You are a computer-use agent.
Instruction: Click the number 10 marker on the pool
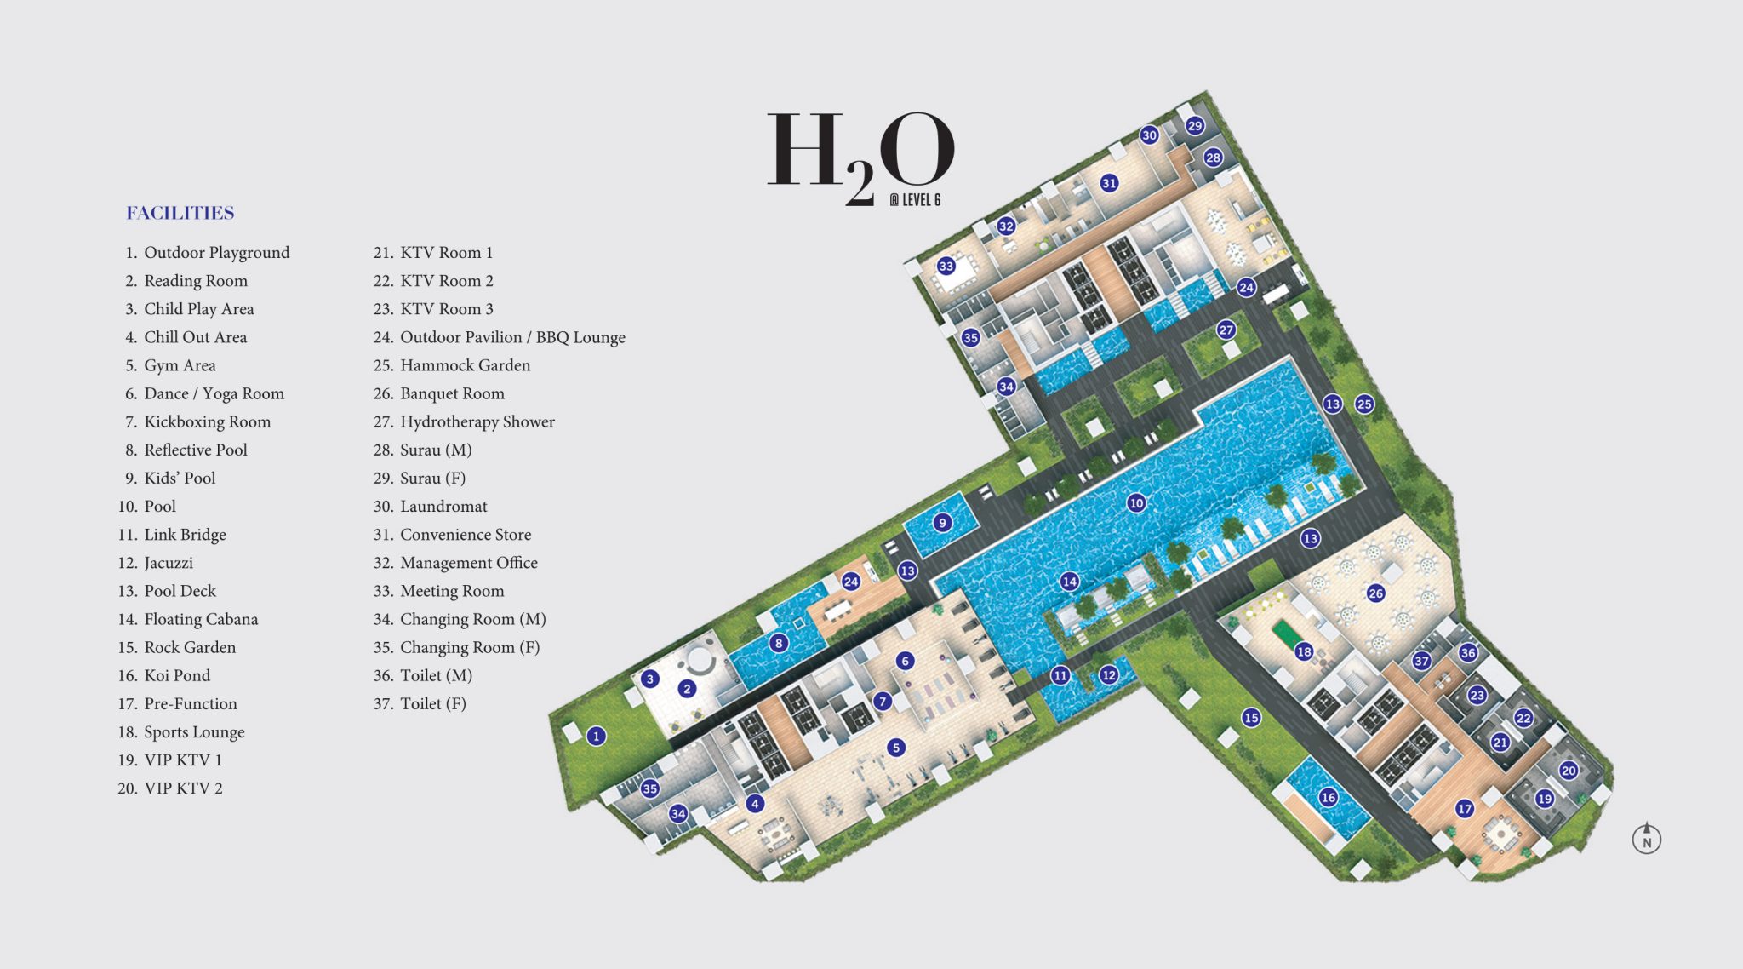coord(1136,503)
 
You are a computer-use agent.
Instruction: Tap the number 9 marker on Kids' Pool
coord(942,523)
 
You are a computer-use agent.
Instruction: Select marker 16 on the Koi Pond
coord(1329,798)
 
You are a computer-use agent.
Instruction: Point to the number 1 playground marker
coord(597,737)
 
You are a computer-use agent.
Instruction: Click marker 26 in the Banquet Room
coord(1376,593)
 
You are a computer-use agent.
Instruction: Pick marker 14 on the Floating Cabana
coord(1069,582)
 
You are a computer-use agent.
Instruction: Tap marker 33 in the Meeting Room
coord(946,267)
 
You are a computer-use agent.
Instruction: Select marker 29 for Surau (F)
coord(1195,126)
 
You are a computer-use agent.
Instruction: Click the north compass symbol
coord(1647,840)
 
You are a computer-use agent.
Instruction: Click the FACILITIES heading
coord(180,213)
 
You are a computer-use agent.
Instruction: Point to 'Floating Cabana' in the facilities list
coord(201,619)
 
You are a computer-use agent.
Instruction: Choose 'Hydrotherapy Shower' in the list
coord(477,421)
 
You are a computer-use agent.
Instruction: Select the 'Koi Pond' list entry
coord(177,675)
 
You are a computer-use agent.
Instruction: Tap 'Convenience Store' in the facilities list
coord(466,535)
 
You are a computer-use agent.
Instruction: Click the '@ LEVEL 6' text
coord(915,200)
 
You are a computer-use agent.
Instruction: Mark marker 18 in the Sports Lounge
coord(1304,652)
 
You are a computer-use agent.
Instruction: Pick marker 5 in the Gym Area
coord(895,748)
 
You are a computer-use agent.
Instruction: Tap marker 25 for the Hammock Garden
coord(1364,404)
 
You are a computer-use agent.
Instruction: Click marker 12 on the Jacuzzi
coord(1108,675)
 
